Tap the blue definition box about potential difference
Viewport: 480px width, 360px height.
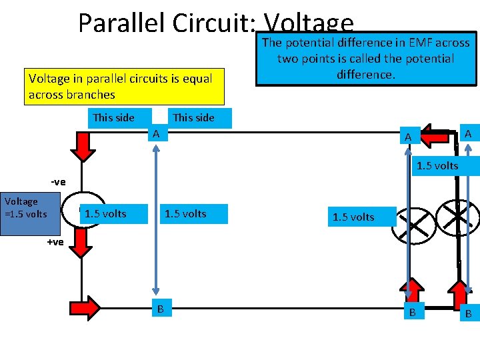tap(366, 59)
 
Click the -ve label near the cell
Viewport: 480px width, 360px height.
tap(58, 181)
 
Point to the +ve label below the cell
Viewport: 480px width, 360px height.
tap(55, 242)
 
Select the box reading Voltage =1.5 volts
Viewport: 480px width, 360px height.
tap(25, 207)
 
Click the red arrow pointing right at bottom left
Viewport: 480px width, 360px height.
tap(85, 307)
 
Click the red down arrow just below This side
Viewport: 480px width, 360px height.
tap(83, 147)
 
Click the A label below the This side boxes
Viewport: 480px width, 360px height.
tap(157, 135)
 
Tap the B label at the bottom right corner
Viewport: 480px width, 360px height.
tap(469, 313)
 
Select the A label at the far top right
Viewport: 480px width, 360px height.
tap(469, 135)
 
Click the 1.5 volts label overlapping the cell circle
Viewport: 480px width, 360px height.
tap(105, 214)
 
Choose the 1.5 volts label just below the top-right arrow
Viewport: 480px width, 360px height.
tap(437, 165)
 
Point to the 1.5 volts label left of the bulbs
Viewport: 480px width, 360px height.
tap(353, 217)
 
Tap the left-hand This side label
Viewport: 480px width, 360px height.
tap(113, 118)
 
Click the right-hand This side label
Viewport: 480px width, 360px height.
tap(193, 118)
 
